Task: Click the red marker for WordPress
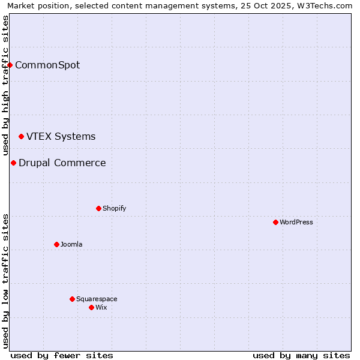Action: point(275,222)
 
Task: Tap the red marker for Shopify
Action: point(98,208)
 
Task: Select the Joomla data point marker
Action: point(56,244)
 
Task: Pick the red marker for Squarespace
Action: point(72,299)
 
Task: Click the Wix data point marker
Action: point(91,307)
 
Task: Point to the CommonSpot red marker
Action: point(10,65)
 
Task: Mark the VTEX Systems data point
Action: point(21,137)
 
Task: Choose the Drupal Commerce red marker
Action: point(13,163)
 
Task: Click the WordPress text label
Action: point(296,222)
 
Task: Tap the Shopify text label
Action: point(114,208)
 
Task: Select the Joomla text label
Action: point(71,244)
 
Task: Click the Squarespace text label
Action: point(97,299)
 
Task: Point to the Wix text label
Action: point(101,307)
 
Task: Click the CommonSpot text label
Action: point(47,65)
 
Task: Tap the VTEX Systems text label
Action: point(61,136)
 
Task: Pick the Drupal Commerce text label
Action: point(62,163)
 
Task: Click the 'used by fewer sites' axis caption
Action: point(62,355)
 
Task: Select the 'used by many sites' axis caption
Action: point(301,355)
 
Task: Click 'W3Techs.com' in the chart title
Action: point(327,6)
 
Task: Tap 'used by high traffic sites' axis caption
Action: point(6,84)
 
